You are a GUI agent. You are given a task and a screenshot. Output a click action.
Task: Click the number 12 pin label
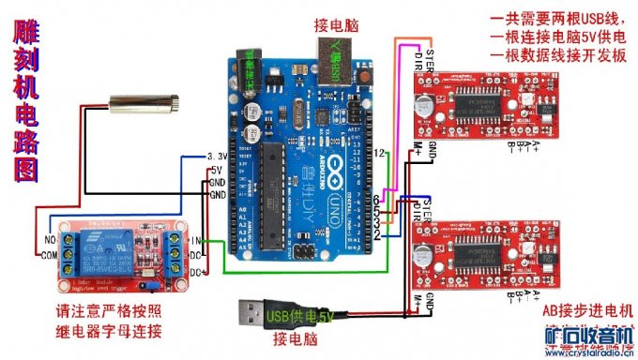[x=380, y=152]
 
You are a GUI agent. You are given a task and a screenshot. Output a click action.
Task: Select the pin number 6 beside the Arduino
[x=376, y=202]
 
